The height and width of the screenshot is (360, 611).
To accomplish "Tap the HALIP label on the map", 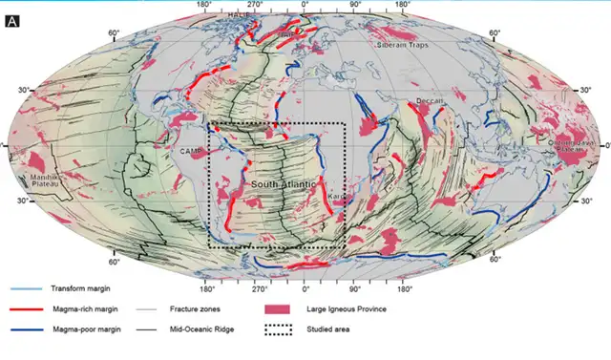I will pyautogui.click(x=238, y=16).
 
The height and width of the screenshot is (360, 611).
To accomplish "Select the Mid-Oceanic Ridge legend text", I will pyautogui.click(x=202, y=329).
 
